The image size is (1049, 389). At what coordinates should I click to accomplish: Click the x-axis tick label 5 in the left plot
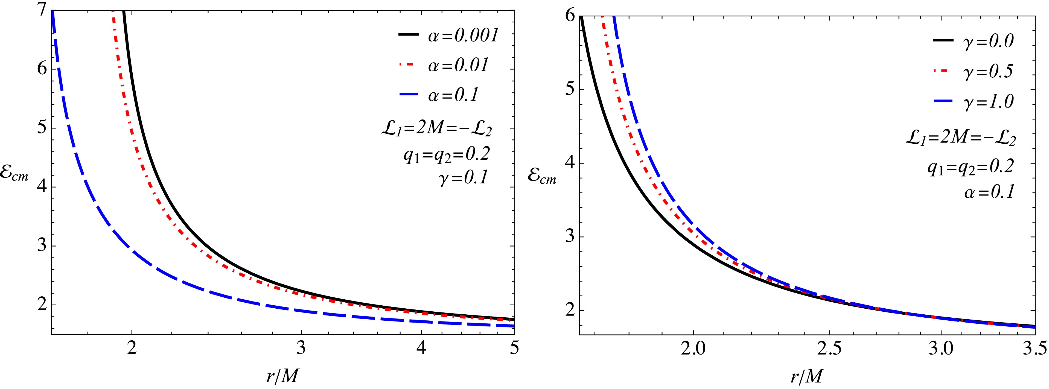(x=514, y=349)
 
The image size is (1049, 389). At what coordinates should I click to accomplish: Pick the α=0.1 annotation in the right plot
(x=989, y=192)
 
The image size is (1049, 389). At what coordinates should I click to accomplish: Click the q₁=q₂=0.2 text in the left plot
(x=447, y=154)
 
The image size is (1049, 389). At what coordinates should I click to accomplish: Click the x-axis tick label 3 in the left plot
(x=301, y=349)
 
